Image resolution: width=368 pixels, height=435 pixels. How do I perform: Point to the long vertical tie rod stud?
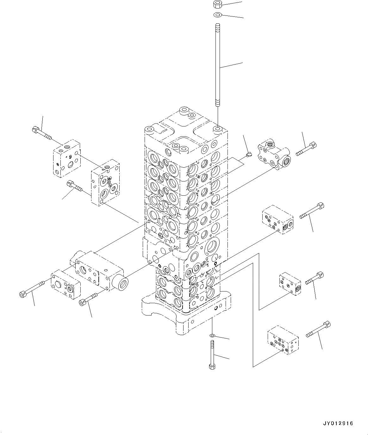point(218,65)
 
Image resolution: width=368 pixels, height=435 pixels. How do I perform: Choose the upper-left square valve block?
point(66,158)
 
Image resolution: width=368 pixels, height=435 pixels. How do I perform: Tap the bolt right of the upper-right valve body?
point(306,149)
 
